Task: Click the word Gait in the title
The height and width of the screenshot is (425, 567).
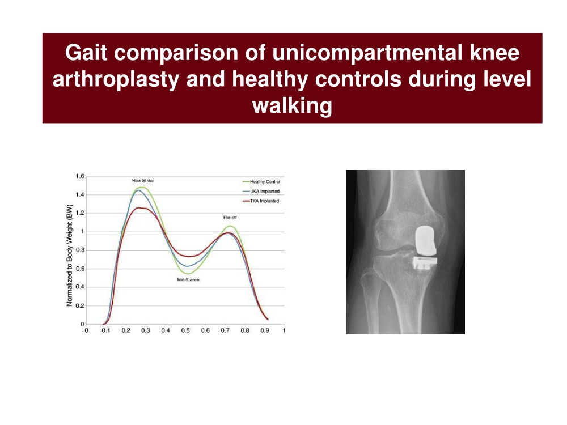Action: (86, 52)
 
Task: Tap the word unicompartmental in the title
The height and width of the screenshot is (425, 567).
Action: (367, 52)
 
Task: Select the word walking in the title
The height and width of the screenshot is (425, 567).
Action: (292, 106)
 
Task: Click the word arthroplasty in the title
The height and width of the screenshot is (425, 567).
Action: (116, 79)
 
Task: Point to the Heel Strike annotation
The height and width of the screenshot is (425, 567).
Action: (143, 180)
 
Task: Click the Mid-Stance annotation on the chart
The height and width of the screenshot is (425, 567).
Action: (188, 280)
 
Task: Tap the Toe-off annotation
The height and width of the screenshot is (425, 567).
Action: (230, 218)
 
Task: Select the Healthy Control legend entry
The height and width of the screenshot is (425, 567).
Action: (261, 182)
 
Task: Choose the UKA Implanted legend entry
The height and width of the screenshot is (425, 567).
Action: (261, 192)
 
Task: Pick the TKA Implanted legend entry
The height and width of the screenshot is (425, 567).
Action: (261, 201)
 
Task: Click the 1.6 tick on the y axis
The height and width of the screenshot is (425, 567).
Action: (80, 176)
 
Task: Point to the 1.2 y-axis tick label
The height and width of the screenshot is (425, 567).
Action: (80, 213)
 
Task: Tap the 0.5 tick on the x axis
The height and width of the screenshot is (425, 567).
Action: (185, 330)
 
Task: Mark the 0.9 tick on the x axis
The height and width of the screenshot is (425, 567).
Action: (265, 330)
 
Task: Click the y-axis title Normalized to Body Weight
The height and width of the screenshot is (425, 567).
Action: (70, 255)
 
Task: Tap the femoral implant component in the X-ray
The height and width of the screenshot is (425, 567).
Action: (425, 240)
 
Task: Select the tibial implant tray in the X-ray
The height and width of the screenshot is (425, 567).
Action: (425, 263)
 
